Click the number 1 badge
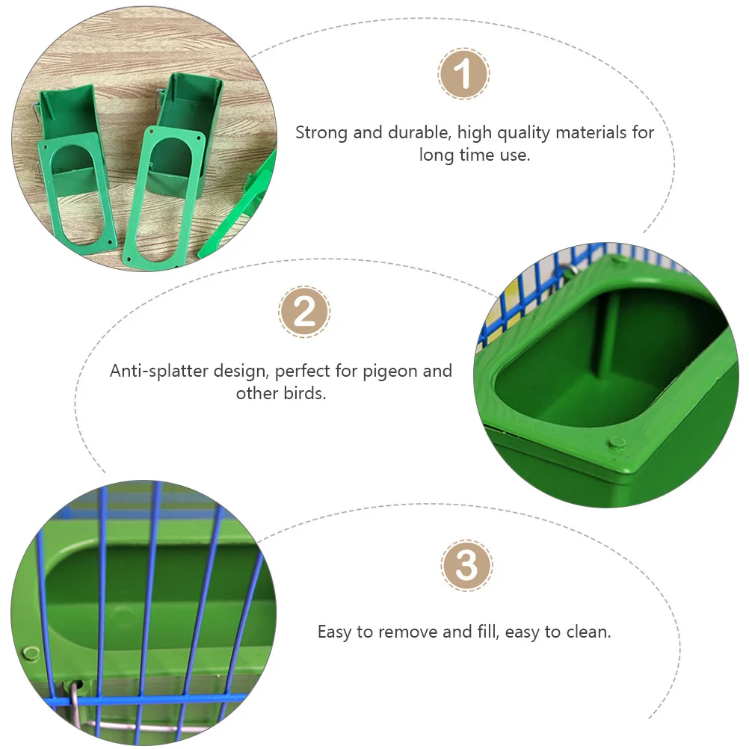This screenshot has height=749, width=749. [463, 75]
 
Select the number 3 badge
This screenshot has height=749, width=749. [466, 565]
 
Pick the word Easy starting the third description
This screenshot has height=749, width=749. [334, 632]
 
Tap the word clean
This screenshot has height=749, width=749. [590, 632]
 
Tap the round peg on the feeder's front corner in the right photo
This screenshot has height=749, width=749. [617, 444]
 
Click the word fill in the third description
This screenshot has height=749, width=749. [487, 632]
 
